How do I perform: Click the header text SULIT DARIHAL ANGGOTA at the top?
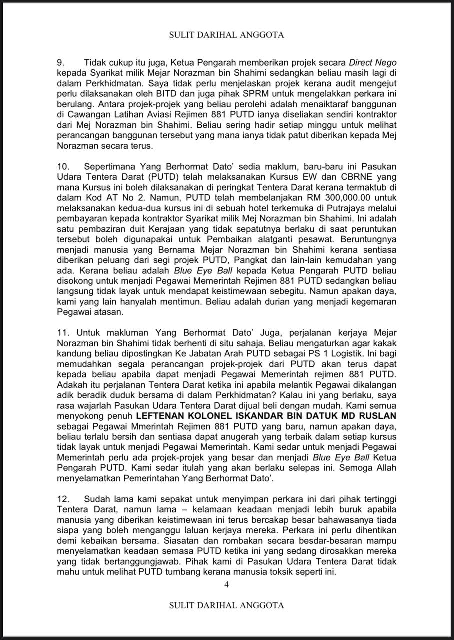[x=226, y=35]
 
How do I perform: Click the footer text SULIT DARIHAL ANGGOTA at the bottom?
[x=226, y=605]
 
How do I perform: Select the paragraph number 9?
[x=58, y=63]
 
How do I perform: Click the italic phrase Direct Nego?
[x=372, y=63]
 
